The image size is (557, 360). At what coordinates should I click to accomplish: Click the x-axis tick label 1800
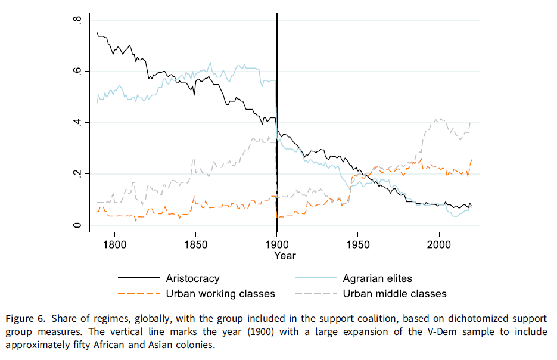(114, 244)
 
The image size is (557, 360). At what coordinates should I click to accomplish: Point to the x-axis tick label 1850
(195, 244)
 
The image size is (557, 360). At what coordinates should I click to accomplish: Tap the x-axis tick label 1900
(277, 244)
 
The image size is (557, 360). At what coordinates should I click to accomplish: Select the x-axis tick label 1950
(358, 244)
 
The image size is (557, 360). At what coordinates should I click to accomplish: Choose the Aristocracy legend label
(192, 278)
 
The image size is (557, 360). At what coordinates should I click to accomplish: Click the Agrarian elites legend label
(377, 278)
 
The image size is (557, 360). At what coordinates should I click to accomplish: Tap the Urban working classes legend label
(220, 293)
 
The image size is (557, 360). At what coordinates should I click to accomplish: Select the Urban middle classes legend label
(394, 293)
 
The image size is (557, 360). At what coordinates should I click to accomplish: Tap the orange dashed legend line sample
(139, 293)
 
